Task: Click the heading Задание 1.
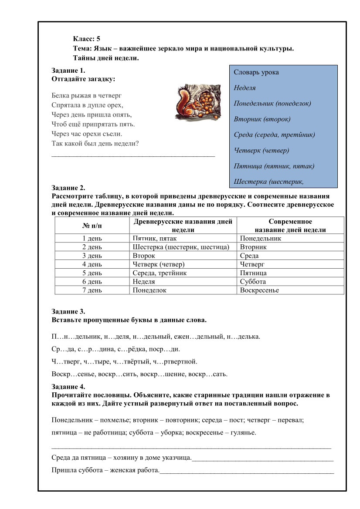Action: click(x=68, y=70)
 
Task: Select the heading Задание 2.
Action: click(x=68, y=188)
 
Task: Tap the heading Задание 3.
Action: click(x=68, y=311)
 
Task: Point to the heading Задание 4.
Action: click(x=68, y=387)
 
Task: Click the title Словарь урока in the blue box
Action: click(x=256, y=72)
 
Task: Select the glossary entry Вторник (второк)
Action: click(x=262, y=119)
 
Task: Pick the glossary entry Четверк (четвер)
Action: click(x=262, y=150)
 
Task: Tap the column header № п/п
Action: click(x=92, y=226)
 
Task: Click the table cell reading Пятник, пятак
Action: click(x=155, y=238)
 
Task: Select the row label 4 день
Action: click(x=92, y=264)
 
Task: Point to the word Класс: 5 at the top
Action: click(x=87, y=39)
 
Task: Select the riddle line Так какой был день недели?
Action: click(x=98, y=143)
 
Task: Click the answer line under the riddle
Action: click(x=133, y=155)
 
